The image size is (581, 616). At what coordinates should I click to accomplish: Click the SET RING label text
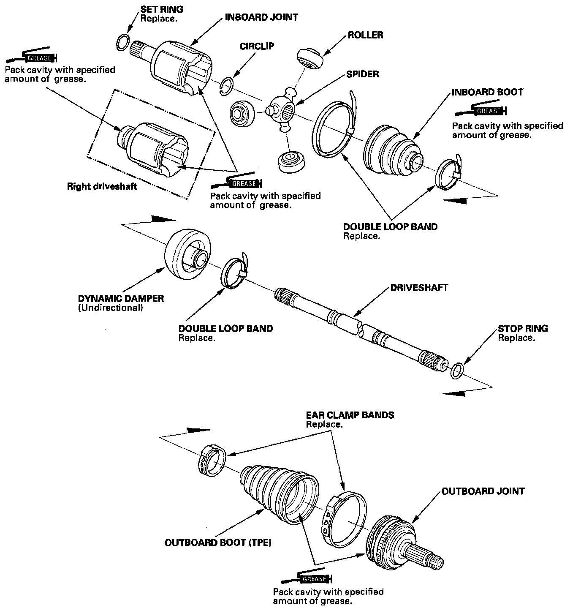coord(162,9)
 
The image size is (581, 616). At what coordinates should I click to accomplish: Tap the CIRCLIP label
coord(257,46)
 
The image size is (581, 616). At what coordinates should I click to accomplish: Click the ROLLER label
coord(365,35)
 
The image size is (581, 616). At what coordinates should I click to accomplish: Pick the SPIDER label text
coord(362,74)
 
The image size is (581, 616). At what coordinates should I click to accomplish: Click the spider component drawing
coord(281,110)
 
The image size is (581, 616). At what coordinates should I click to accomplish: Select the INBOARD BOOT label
coord(487,92)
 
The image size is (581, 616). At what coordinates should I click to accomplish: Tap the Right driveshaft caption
coord(102,186)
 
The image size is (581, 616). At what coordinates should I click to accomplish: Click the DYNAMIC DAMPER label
coord(121,298)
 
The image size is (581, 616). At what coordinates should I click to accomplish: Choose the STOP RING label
coord(523,328)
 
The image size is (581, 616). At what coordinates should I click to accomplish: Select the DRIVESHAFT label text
coord(419,288)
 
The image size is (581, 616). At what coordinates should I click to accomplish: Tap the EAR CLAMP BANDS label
coord(350,415)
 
